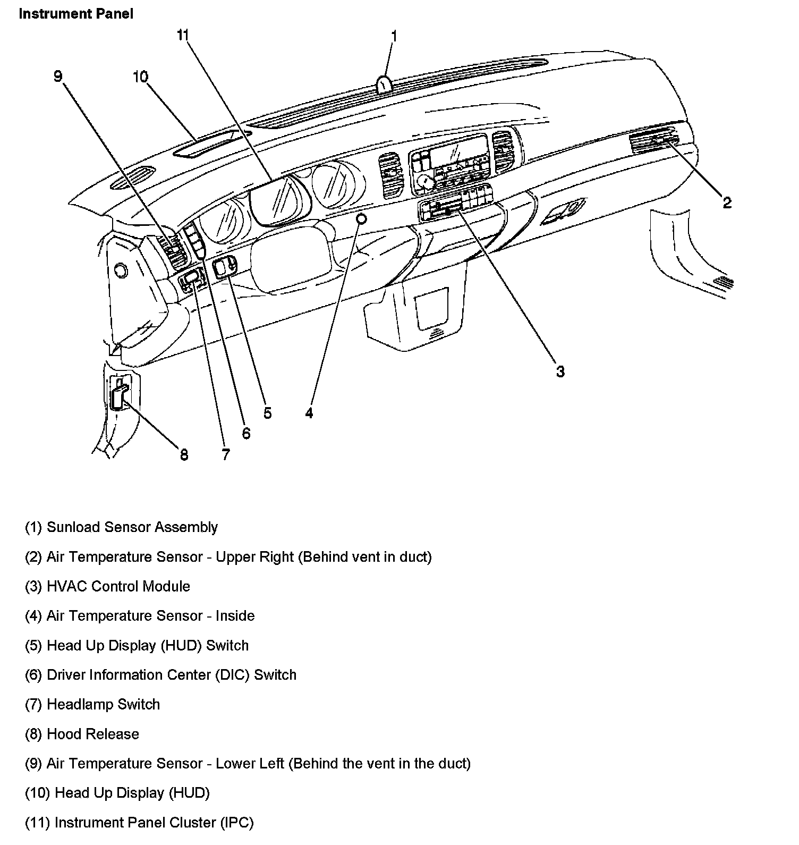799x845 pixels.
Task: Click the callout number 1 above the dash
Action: (394, 36)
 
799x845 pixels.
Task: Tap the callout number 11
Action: (183, 36)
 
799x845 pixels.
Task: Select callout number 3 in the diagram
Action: (560, 371)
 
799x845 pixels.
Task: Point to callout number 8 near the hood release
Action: (184, 454)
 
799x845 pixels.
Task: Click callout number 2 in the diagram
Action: (726, 202)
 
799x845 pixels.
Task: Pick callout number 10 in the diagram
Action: (140, 77)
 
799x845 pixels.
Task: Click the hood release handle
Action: (119, 394)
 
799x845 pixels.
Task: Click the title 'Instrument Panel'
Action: (76, 14)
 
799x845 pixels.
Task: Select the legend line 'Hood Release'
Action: (82, 734)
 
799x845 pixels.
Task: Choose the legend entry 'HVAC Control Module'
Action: (107, 586)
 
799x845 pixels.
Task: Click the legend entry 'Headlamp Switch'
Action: (92, 705)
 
